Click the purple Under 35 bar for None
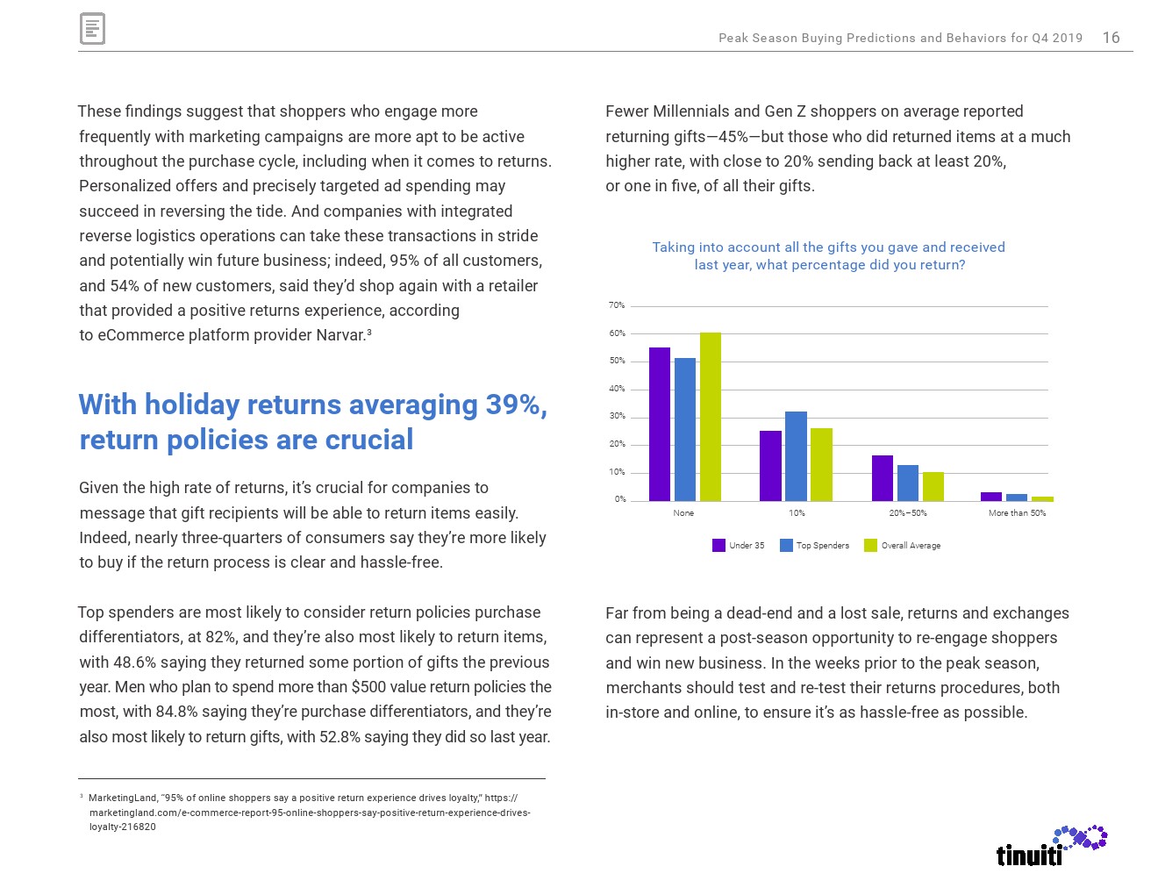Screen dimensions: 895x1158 660,425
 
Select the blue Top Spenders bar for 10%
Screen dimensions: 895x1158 796,456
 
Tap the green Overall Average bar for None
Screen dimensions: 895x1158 711,417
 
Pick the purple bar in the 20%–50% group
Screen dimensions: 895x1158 882,478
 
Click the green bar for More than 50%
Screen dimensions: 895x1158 1042,498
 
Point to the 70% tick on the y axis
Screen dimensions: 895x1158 617,305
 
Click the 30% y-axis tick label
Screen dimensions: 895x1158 617,417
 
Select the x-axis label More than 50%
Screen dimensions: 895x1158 1017,513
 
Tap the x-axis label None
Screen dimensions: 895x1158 683,513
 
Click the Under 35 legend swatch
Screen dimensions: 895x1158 718,546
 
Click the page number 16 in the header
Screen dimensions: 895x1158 1111,38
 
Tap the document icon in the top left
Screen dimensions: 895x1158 92,29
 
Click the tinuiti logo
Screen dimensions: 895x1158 1051,846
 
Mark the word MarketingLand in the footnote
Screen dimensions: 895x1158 123,798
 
